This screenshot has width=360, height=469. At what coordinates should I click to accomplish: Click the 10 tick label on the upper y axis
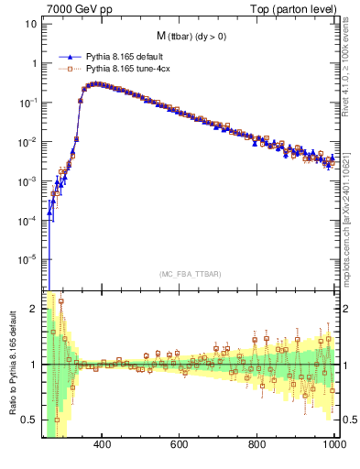click(30, 25)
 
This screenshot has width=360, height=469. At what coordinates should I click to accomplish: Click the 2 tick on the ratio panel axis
click(34, 309)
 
